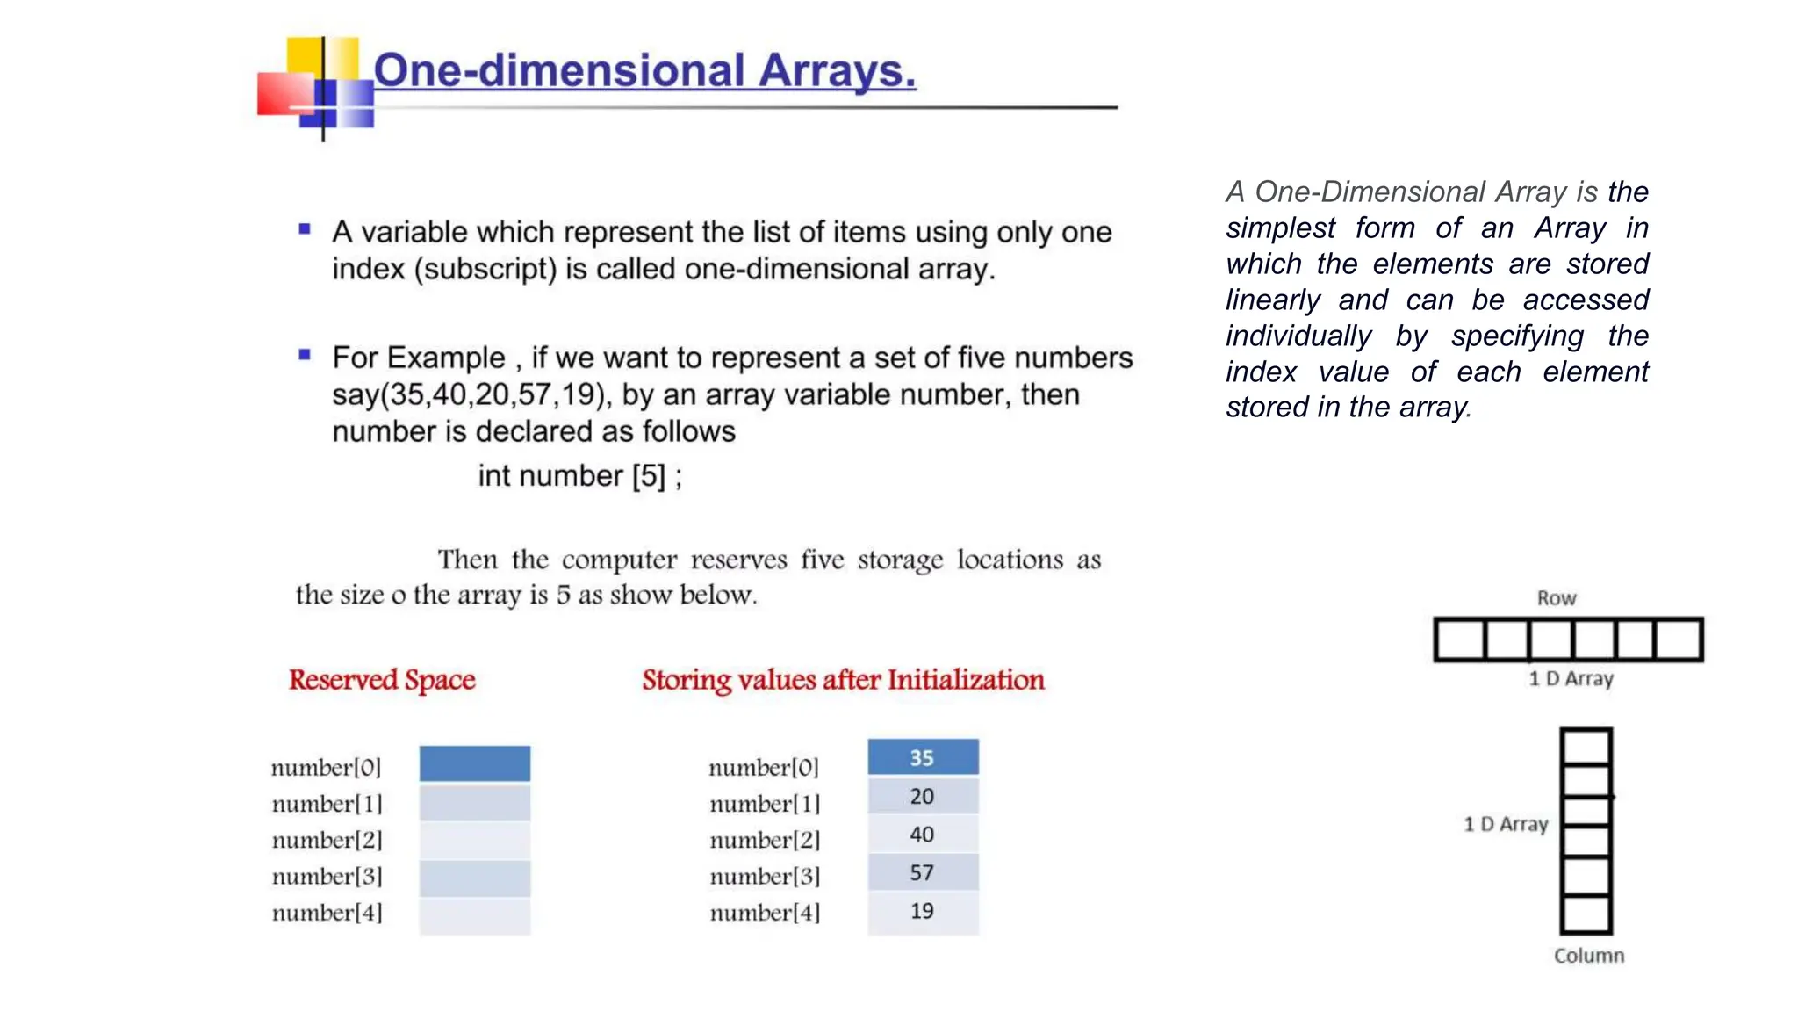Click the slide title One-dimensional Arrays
pos(644,70)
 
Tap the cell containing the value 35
pos(923,757)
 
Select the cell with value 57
pos(923,872)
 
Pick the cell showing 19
pos(923,911)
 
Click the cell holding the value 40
pos(923,835)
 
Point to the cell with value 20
pos(923,796)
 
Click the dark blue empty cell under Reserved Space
pos(474,763)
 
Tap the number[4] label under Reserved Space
pos(327,913)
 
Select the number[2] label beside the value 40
pos(765,840)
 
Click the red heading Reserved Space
pos(382,680)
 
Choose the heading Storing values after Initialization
pos(843,680)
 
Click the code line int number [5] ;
pos(579,476)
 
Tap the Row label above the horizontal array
pos(1557,598)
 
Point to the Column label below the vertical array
pos(1588,956)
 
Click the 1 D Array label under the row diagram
pos(1571,678)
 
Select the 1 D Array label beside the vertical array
pos(1505,824)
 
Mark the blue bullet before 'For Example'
pos(305,355)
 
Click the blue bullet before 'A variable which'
pos(305,229)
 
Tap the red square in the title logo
pos(283,94)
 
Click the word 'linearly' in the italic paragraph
pos(1273,300)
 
